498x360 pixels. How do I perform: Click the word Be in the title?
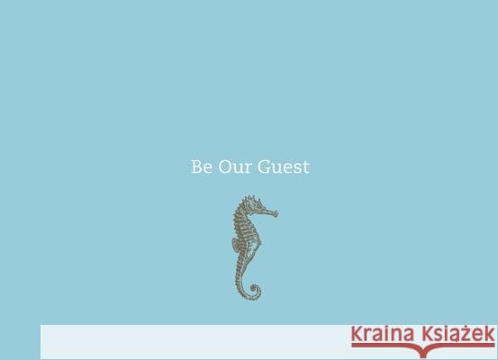(201, 167)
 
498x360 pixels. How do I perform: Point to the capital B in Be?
(196, 167)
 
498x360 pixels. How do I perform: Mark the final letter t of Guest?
(306, 167)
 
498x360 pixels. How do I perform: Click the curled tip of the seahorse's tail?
(255, 291)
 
